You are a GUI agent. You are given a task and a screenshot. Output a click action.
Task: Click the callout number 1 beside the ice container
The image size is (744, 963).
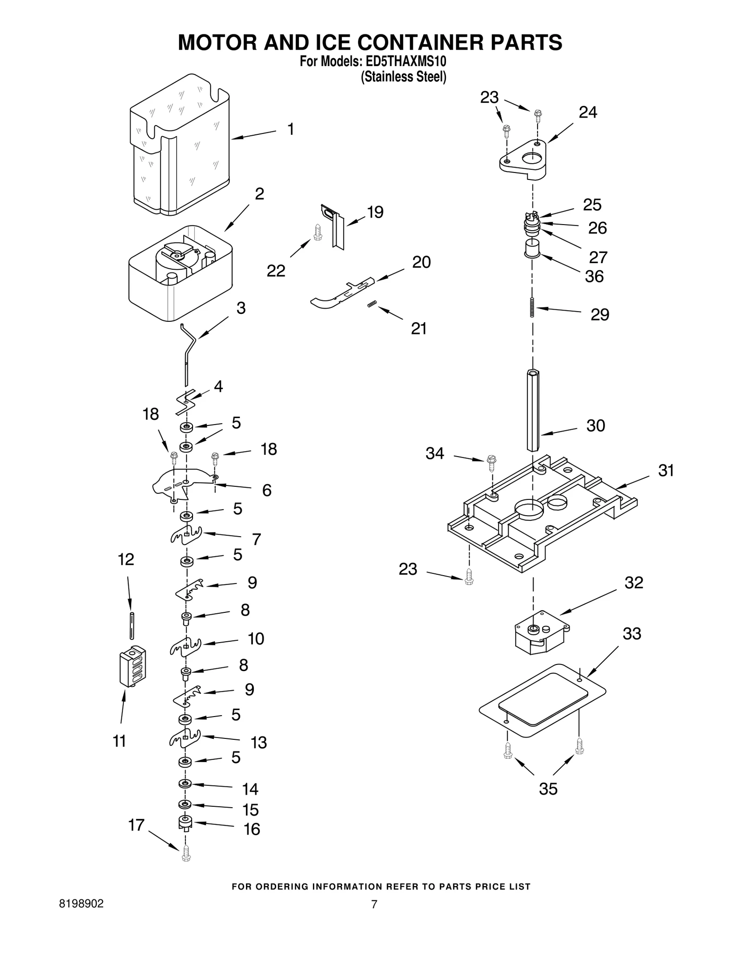pyautogui.click(x=291, y=129)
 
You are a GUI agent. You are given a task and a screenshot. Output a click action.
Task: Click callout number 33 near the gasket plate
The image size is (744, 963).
pyautogui.click(x=632, y=633)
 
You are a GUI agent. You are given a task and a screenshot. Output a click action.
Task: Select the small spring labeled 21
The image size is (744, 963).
pyautogui.click(x=371, y=304)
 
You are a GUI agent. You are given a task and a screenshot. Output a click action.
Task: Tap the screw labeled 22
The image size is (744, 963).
pyautogui.click(x=318, y=232)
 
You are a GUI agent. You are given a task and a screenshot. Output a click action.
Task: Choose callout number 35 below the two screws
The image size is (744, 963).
pyautogui.click(x=548, y=789)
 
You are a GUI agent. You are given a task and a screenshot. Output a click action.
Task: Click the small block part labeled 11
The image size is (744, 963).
pyautogui.click(x=133, y=666)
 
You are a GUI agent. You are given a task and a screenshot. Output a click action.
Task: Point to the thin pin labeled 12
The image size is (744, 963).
pyautogui.click(x=132, y=625)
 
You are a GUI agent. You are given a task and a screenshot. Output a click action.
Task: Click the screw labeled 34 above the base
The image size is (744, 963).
pyautogui.click(x=492, y=462)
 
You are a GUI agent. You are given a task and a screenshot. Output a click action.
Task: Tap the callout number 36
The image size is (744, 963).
pyautogui.click(x=594, y=276)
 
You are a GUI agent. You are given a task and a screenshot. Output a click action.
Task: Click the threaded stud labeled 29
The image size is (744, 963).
pyautogui.click(x=532, y=307)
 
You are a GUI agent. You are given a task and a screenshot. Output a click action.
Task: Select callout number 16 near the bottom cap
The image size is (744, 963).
pyautogui.click(x=252, y=829)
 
